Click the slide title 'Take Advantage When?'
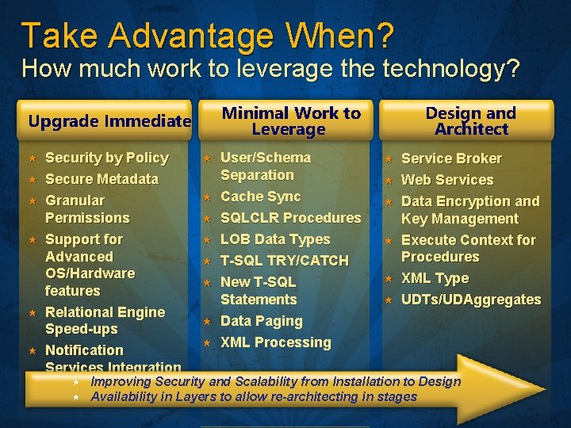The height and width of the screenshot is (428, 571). (x=207, y=35)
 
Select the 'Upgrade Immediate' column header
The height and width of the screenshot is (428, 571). (x=109, y=121)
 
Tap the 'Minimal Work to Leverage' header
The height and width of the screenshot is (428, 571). (x=290, y=121)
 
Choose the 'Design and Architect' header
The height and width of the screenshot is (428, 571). (x=470, y=121)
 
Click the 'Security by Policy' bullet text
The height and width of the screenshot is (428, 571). (x=106, y=158)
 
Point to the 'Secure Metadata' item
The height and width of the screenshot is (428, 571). (x=102, y=179)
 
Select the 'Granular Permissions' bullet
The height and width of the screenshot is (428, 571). (x=87, y=209)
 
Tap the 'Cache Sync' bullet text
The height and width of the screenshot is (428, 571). (x=260, y=197)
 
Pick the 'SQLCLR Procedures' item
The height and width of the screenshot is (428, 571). (x=290, y=218)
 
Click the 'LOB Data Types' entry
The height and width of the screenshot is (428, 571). (x=274, y=239)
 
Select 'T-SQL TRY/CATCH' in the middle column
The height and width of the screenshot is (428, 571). (x=284, y=261)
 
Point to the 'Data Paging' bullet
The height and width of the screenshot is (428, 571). (x=261, y=321)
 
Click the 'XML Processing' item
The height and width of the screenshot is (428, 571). (x=275, y=342)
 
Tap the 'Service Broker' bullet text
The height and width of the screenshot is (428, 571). (x=451, y=159)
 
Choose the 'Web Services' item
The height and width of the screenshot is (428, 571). (x=447, y=180)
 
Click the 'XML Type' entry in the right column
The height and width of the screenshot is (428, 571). (x=435, y=278)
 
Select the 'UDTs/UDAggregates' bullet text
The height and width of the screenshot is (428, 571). (x=471, y=300)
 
